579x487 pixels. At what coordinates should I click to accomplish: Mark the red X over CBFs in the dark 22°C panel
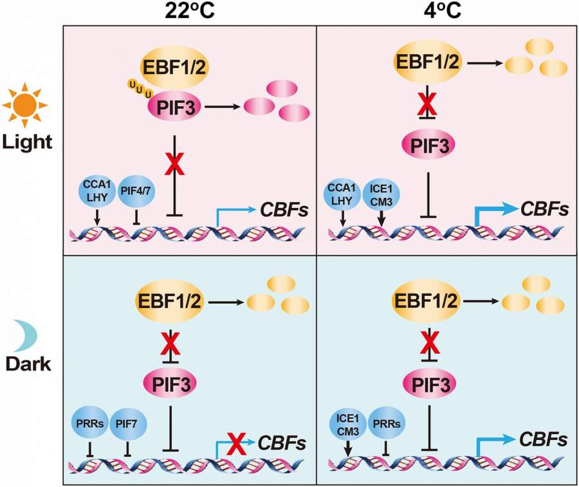(x=237, y=442)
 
